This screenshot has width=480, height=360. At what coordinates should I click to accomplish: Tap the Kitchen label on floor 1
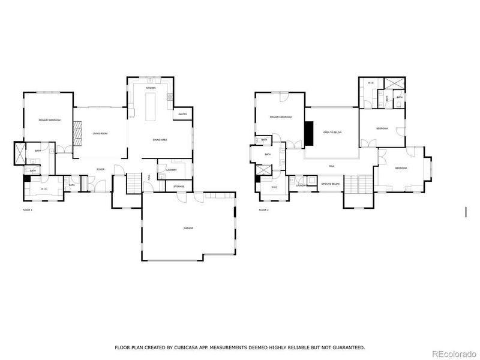pyautogui.click(x=150, y=88)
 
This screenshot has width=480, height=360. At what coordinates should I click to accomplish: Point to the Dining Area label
pyautogui.click(x=160, y=140)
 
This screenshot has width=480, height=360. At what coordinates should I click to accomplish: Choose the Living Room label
pyautogui.click(x=99, y=134)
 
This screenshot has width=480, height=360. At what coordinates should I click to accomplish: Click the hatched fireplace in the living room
pyautogui.click(x=77, y=134)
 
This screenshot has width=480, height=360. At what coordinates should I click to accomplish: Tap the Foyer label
pyautogui.click(x=100, y=169)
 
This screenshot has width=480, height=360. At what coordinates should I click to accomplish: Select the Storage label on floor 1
pyautogui.click(x=179, y=187)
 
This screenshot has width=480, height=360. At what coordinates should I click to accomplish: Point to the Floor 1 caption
pyautogui.click(x=27, y=210)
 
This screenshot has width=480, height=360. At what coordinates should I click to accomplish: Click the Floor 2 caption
pyautogui.click(x=263, y=210)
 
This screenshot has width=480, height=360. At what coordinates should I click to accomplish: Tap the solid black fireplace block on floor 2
pyautogui.click(x=309, y=133)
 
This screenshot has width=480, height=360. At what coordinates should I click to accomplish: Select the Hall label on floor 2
pyautogui.click(x=331, y=166)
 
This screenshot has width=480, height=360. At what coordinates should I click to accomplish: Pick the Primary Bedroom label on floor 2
pyautogui.click(x=280, y=117)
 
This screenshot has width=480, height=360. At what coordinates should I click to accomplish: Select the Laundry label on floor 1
pyautogui.click(x=170, y=170)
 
